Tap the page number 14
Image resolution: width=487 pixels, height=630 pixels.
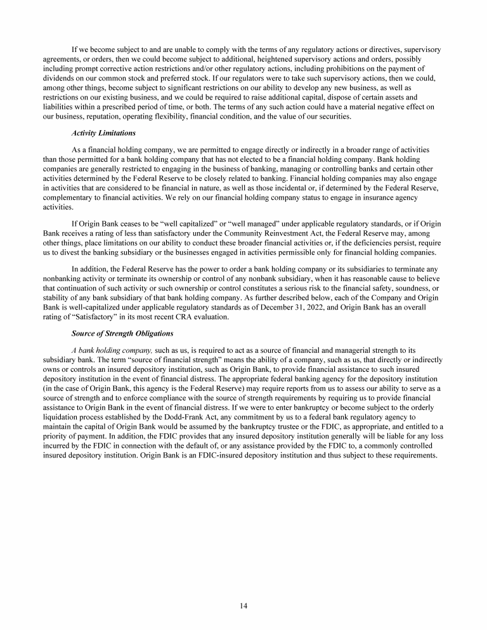click(243, 605)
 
